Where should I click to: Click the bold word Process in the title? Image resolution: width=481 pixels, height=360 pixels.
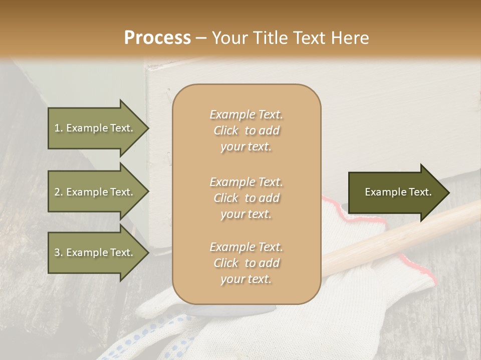157,38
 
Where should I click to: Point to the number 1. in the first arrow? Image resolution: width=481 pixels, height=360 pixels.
59,128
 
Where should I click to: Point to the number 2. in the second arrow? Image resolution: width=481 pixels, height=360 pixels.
59,192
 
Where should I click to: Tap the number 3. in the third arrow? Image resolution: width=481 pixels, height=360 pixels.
59,252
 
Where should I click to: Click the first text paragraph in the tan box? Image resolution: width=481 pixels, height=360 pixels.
246,130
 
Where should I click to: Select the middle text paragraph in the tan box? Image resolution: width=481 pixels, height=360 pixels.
246,198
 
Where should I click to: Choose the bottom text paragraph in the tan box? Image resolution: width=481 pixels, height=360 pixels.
246,263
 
